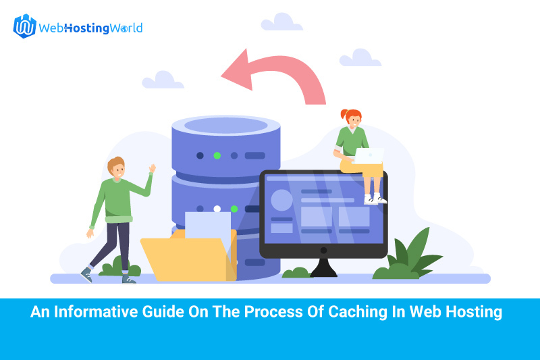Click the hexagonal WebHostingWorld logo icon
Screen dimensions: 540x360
point(24,26)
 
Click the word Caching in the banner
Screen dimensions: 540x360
point(358,312)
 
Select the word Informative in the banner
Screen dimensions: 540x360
point(97,312)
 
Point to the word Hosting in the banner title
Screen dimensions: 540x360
point(474,312)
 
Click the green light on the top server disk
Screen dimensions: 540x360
point(217,156)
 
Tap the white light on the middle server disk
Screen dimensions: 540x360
point(217,209)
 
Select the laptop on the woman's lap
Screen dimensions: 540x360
point(369,156)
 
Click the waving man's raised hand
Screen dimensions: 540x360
point(153,168)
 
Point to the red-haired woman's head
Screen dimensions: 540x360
point(352,118)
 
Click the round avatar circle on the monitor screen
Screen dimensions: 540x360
point(281,200)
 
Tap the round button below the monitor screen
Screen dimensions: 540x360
point(323,251)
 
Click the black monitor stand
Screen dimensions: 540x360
point(323,267)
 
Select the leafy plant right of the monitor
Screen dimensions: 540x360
point(408,255)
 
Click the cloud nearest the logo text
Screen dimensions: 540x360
point(163,80)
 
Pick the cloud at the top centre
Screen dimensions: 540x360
point(281,22)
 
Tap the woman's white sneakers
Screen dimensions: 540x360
point(375,199)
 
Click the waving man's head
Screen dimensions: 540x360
point(116,168)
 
